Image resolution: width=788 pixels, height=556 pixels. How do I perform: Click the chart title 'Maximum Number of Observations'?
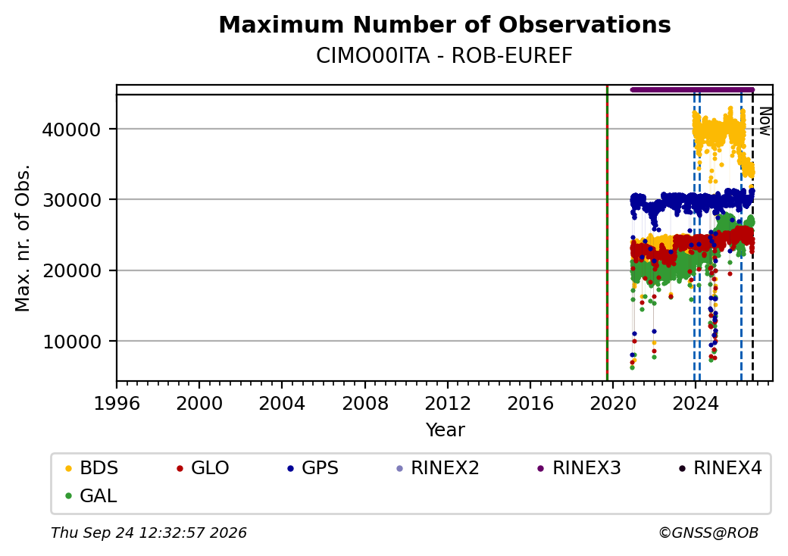click(445, 24)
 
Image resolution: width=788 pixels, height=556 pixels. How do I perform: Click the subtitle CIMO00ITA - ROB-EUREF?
click(444, 56)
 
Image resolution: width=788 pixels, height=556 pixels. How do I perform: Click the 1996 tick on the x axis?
click(117, 403)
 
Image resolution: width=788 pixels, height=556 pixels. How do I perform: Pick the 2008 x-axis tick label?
click(365, 403)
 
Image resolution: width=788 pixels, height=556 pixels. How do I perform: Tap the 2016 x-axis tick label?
click(530, 403)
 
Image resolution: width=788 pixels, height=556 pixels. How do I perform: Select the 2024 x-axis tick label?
click(696, 403)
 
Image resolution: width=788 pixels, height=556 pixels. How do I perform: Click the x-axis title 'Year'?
click(446, 430)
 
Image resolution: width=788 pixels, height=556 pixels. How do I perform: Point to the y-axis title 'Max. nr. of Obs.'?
click(23, 238)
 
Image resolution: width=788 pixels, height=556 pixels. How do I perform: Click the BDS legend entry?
click(92, 468)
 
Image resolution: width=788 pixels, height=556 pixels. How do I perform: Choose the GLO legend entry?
click(202, 468)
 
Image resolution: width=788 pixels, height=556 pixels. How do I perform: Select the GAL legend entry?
click(91, 495)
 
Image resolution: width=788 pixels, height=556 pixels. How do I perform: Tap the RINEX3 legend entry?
click(579, 468)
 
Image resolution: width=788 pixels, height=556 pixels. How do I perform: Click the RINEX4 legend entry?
click(720, 468)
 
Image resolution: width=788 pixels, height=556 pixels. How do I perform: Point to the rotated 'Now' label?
click(765, 121)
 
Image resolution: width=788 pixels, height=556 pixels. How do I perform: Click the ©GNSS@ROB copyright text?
click(708, 533)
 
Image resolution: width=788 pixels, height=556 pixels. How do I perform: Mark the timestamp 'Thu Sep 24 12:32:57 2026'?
click(149, 533)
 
